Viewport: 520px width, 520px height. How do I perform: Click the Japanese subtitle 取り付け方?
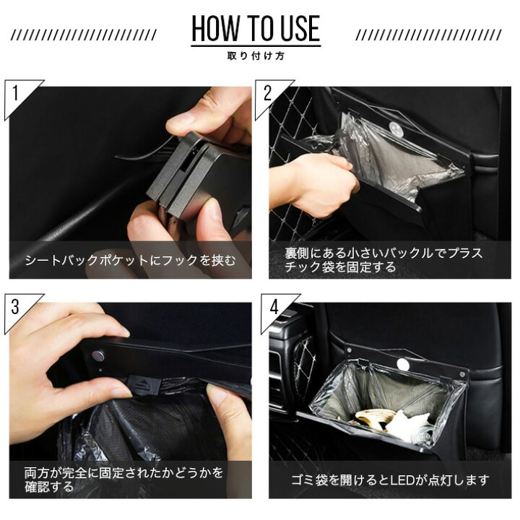(x=255, y=56)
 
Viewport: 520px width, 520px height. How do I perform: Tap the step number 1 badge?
(x=16, y=93)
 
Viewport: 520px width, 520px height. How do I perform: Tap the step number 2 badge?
(x=268, y=93)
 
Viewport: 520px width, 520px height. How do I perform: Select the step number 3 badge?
(x=16, y=306)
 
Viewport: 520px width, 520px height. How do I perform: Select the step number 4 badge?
(x=274, y=306)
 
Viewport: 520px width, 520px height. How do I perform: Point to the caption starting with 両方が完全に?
(x=123, y=480)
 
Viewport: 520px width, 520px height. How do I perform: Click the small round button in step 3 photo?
(x=97, y=355)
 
